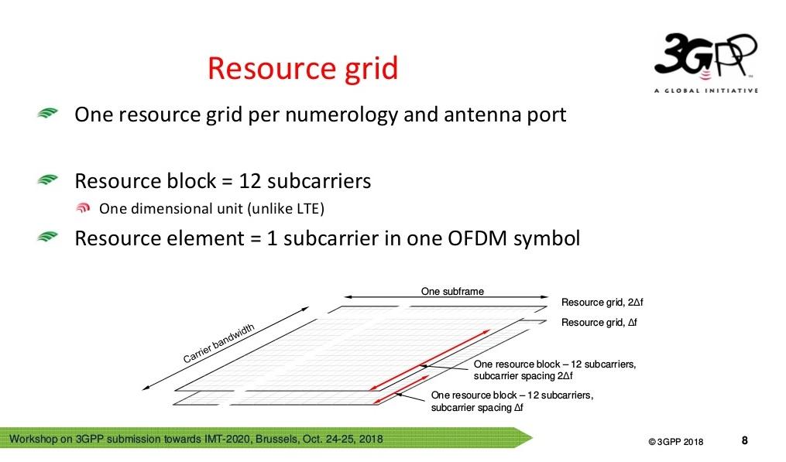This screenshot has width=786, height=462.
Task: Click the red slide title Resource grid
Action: coord(303,70)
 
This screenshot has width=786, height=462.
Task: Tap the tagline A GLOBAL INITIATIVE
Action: coord(705,91)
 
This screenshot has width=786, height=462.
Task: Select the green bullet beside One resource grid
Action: coord(47,113)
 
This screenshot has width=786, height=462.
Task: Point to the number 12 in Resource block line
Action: coord(250,181)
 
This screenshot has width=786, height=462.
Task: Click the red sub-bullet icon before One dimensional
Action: coord(83,207)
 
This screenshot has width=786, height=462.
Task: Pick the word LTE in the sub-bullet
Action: coord(307,208)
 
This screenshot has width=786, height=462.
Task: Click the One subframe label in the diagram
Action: coord(452,291)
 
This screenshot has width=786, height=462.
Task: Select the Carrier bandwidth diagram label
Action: coord(218,344)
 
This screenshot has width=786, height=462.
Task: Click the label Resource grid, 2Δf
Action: coord(602,302)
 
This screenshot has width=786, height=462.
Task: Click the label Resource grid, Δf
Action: coord(599,322)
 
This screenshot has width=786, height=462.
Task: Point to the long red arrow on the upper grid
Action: coord(430,360)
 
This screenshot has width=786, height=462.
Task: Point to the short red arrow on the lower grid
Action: coord(402,389)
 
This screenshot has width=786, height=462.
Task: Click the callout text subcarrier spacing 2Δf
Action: coord(523,376)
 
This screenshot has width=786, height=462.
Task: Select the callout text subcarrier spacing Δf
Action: coord(477,407)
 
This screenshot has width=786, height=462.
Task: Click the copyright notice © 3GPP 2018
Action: coord(676,442)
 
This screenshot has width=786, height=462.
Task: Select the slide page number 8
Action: coord(744,440)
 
